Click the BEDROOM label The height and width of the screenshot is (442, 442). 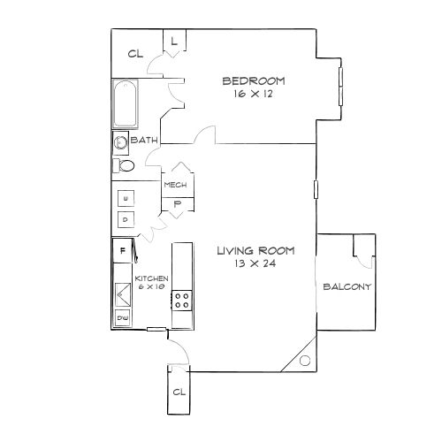[x=254, y=81]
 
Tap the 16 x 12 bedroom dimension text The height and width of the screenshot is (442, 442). [x=254, y=94]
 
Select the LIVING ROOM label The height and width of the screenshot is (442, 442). [x=255, y=251]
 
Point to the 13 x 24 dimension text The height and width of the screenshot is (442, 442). [x=255, y=263]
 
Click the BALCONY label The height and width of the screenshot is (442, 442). [x=347, y=286]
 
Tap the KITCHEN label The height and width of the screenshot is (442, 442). [x=151, y=278]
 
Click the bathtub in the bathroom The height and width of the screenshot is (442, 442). [x=126, y=103]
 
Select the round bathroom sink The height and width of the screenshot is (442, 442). [x=120, y=142]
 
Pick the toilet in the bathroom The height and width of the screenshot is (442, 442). [x=124, y=165]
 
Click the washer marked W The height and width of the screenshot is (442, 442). [x=126, y=198]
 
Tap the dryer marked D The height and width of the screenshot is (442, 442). [x=126, y=220]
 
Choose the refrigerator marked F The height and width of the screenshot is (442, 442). [x=122, y=251]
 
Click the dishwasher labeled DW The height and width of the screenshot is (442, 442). [x=123, y=318]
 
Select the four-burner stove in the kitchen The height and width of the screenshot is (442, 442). [x=182, y=301]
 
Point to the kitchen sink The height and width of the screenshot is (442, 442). [x=123, y=294]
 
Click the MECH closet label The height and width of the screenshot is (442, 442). [x=175, y=185]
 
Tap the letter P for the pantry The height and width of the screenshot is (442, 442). [x=178, y=204]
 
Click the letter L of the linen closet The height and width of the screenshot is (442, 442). [x=174, y=42]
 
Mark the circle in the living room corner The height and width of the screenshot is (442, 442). [x=305, y=361]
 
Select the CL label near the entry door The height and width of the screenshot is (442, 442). [x=179, y=392]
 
